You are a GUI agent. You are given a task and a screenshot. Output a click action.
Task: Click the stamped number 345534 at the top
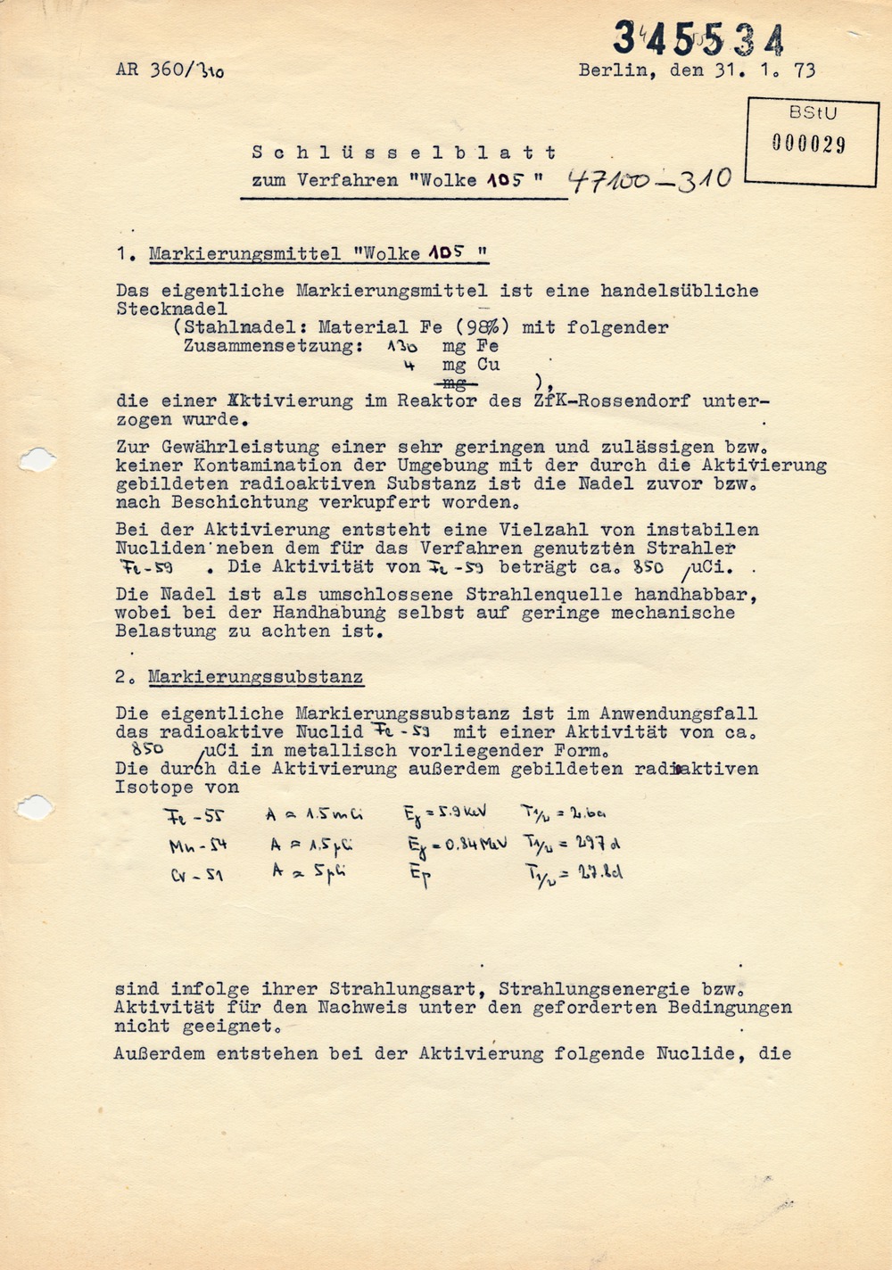point(698,39)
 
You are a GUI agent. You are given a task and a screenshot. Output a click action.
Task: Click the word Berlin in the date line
point(615,70)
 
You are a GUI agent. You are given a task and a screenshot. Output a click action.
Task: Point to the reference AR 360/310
point(169,70)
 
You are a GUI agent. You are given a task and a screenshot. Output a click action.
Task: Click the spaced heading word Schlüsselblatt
point(404,153)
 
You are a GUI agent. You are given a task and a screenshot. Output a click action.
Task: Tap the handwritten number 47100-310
point(649,181)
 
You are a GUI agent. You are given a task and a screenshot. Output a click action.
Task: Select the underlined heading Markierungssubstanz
point(256,677)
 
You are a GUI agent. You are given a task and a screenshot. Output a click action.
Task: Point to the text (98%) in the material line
point(483,327)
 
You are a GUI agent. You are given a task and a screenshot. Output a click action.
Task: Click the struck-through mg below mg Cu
point(455,383)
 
